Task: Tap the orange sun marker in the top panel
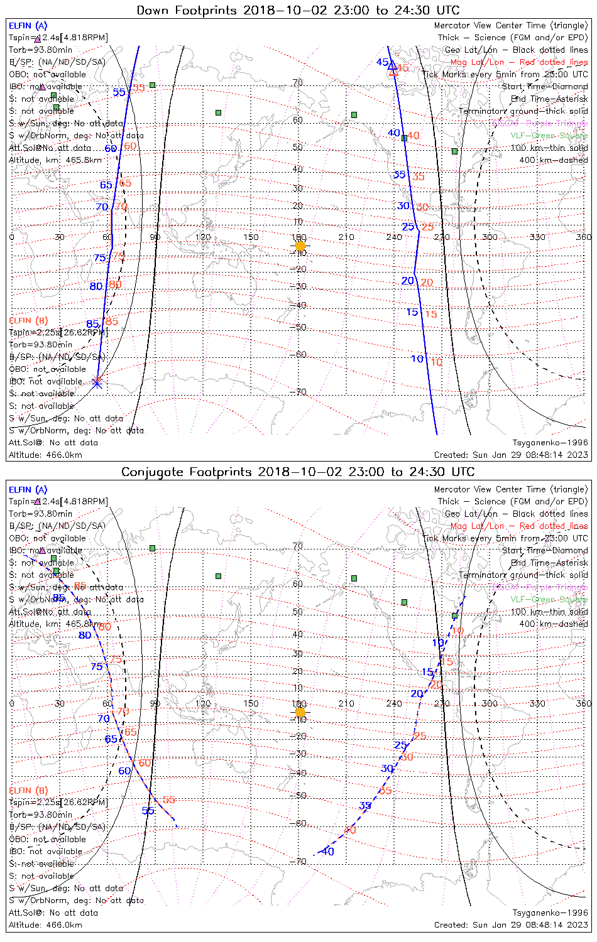pyautogui.click(x=300, y=246)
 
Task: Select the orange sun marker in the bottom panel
pyautogui.click(x=300, y=712)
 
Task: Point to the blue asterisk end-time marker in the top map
pyautogui.click(x=97, y=381)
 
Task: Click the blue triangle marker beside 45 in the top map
pyautogui.click(x=393, y=65)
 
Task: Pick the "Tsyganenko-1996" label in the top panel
pyautogui.click(x=550, y=443)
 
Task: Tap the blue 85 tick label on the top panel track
pyautogui.click(x=92, y=324)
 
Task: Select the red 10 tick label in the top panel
pyautogui.click(x=436, y=362)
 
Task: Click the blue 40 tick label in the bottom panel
pyautogui.click(x=327, y=852)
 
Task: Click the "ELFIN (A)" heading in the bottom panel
pyautogui.click(x=28, y=489)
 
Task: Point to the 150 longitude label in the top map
pyautogui.click(x=251, y=237)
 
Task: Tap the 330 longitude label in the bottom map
pyautogui.click(x=537, y=703)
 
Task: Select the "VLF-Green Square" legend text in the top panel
pyautogui.click(x=549, y=135)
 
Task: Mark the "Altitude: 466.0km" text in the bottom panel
pyautogui.click(x=45, y=924)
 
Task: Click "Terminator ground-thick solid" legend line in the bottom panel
pyautogui.click(x=523, y=575)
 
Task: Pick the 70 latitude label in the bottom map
pyautogui.click(x=298, y=546)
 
